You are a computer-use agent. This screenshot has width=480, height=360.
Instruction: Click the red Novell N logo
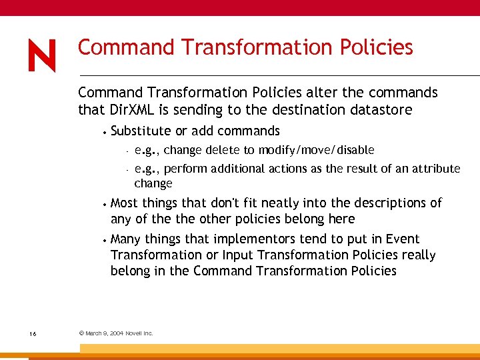coord(42,55)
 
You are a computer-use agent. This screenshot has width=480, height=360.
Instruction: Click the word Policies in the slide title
coord(375,48)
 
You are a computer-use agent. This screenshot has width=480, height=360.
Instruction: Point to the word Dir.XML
coord(130,109)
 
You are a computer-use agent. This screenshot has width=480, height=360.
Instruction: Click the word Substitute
coord(141,131)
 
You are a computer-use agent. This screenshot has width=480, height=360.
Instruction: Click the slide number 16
coord(33,333)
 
